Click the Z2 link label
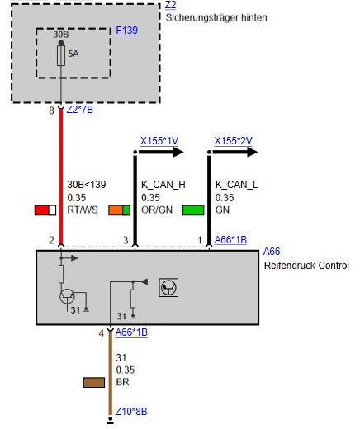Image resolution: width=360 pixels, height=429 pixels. pos(170,5)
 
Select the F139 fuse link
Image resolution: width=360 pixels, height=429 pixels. pos(126,31)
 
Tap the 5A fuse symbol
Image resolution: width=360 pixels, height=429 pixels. pos(61,56)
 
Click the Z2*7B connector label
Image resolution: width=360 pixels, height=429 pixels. pos(80,110)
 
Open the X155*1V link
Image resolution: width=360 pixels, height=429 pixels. pos(159,141)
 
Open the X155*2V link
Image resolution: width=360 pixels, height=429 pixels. pos(233,141)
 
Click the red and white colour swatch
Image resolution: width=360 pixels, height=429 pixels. pos(45,210)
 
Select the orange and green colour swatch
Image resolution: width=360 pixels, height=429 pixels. pos(120,210)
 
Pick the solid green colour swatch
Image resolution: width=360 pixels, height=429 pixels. pos(193,210)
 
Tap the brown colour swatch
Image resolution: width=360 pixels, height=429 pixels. pos(94,382)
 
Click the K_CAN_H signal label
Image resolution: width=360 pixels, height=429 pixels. pos(163,185)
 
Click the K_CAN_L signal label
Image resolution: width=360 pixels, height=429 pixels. pos(236,185)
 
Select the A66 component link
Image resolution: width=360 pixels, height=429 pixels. pos(272,252)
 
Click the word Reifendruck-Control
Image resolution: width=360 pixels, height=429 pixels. pos(306,266)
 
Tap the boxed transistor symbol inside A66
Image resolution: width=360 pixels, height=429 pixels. pos(168,288)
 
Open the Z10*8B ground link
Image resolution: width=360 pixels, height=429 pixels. pos(131,412)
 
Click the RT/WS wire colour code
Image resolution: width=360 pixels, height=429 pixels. pos(83,210)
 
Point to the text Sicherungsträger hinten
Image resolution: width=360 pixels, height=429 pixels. pos(216,18)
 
